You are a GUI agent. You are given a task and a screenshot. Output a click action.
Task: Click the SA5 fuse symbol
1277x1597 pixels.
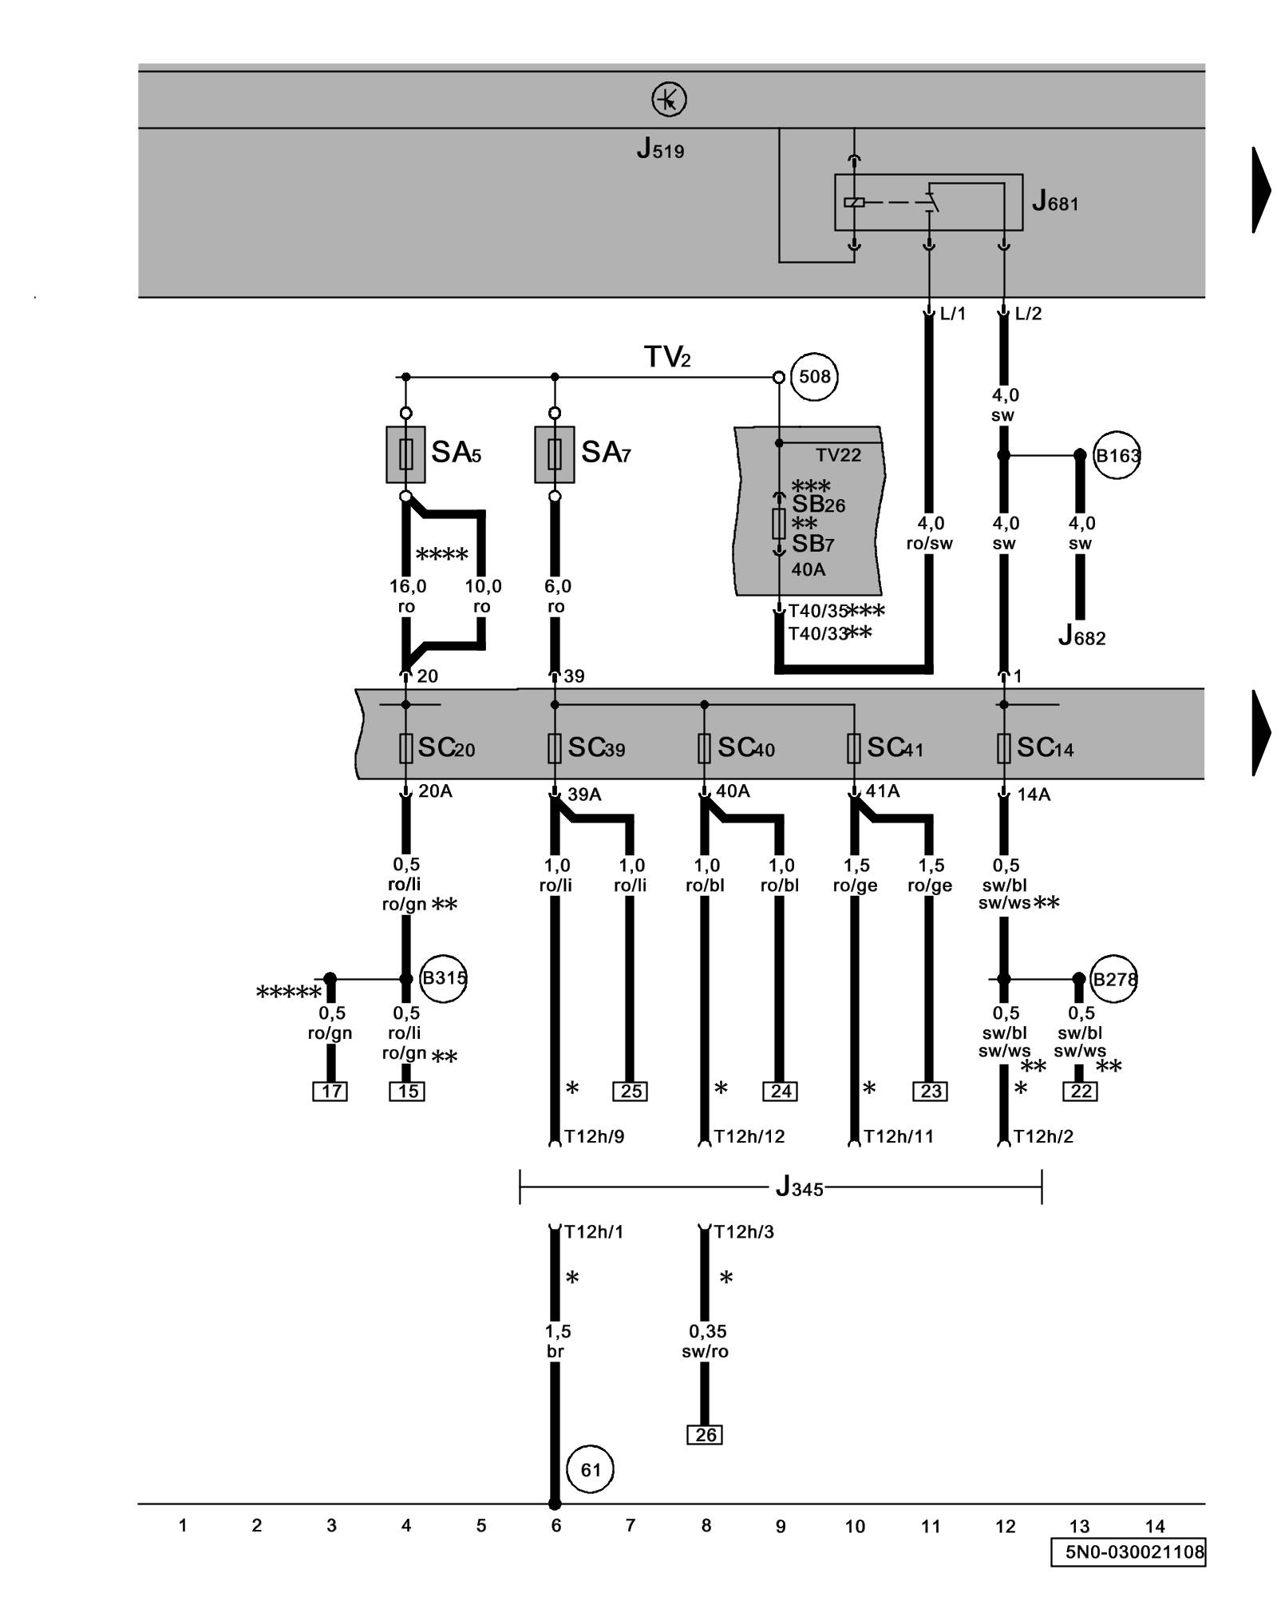405,454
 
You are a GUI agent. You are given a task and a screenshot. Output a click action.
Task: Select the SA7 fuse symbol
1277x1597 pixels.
555,454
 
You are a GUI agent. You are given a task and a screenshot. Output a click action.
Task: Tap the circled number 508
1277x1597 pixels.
814,376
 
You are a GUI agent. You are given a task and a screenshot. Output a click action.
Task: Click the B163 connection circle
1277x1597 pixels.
1116,455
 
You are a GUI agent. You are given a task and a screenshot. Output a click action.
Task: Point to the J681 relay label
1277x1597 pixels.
1054,201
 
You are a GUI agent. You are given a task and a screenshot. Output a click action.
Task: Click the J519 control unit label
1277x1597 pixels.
660,149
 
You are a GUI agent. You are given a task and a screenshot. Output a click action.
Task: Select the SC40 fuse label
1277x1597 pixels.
745,747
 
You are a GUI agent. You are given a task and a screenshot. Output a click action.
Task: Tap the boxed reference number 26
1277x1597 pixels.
705,1435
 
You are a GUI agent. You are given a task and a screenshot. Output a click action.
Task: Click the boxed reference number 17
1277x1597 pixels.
330,1091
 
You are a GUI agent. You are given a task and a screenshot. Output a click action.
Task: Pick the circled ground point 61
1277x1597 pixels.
590,1470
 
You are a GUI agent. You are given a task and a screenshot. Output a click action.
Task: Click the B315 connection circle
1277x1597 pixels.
443,978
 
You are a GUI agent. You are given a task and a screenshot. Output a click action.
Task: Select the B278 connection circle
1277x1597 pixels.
1113,978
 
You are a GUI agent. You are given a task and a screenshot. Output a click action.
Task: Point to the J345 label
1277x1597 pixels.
799,1187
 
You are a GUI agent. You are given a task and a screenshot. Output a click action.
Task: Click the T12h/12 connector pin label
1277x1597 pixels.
749,1136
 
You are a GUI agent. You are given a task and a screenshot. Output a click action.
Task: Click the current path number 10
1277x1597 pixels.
855,1526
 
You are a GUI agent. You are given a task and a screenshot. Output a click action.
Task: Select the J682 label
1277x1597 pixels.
1081,636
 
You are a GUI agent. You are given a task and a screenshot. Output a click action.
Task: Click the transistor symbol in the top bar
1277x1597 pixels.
669,100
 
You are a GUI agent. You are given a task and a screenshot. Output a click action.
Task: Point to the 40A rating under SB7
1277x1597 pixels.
808,569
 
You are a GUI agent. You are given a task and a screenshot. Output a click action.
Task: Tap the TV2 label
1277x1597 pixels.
667,357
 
